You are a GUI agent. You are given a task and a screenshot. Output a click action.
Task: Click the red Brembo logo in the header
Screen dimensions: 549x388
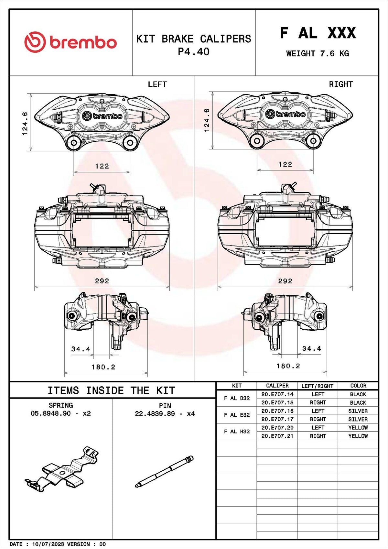tap(70, 42)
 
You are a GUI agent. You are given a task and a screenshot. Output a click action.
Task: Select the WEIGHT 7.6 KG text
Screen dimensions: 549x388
tap(317, 54)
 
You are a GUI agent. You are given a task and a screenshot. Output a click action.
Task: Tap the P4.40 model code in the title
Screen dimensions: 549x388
tap(193, 52)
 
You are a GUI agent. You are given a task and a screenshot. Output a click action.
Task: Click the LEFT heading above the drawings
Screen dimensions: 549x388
tap(157, 84)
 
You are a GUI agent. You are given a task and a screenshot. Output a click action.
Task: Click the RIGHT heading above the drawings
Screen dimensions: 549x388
tap(340, 84)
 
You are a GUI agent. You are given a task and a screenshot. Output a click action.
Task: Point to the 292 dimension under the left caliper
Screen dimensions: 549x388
tap(102, 281)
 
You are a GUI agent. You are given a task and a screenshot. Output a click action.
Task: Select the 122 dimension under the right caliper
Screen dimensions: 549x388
tap(285, 164)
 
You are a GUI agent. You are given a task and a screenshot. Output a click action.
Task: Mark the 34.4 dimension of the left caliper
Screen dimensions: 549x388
tap(81, 349)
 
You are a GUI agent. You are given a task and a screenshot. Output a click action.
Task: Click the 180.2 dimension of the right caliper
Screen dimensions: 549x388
tap(288, 366)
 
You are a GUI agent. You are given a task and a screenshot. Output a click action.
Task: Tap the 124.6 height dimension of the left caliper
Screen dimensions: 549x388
tap(25, 124)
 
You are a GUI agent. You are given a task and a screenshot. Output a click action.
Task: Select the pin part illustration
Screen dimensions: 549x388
tap(164, 471)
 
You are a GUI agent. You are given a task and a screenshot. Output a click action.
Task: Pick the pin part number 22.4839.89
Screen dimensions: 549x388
tap(155, 414)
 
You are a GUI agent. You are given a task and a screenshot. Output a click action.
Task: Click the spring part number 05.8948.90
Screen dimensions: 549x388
tap(50, 413)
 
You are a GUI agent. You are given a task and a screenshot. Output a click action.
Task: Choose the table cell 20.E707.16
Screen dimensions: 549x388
tap(277, 411)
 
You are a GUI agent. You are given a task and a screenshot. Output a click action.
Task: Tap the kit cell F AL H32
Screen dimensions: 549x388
tap(237, 432)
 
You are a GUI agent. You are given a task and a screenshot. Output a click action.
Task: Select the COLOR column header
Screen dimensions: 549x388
tap(358, 386)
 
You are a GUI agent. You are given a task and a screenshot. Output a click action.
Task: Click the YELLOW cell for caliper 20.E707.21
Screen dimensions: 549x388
tap(358, 436)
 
